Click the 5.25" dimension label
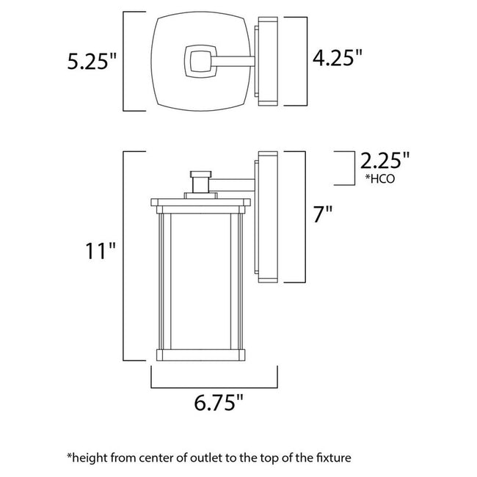pyautogui.click(x=92, y=62)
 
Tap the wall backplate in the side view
pyautogui.click(x=266, y=216)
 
